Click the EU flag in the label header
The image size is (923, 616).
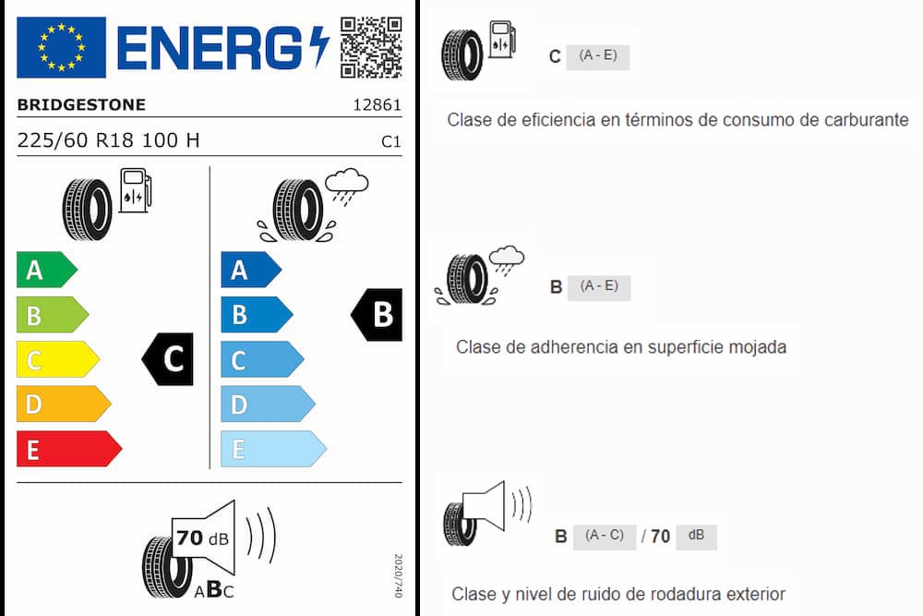coord(61,47)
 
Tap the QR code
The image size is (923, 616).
coord(371,47)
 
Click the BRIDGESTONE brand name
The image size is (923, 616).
coord(81,105)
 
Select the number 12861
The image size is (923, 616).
coord(377,105)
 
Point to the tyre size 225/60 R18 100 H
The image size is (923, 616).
coord(108,140)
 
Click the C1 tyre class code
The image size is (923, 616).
coord(390,141)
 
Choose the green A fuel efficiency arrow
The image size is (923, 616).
coord(46,270)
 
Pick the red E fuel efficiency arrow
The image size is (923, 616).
coord(69,449)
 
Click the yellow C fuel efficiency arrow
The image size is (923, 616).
coord(57,359)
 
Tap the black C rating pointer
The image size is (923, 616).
coord(168,359)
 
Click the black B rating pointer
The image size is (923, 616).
coord(377,315)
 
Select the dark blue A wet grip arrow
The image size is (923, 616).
coord(251,270)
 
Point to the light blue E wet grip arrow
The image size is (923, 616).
coord(273,449)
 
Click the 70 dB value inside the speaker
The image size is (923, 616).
coord(202,537)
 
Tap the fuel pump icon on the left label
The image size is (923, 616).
coord(136,190)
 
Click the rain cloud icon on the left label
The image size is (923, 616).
coord(347,187)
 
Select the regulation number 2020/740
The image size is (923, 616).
coord(398,575)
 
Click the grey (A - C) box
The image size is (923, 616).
coord(605,537)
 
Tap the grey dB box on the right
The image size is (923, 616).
coord(696,537)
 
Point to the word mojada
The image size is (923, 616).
coord(758,347)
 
